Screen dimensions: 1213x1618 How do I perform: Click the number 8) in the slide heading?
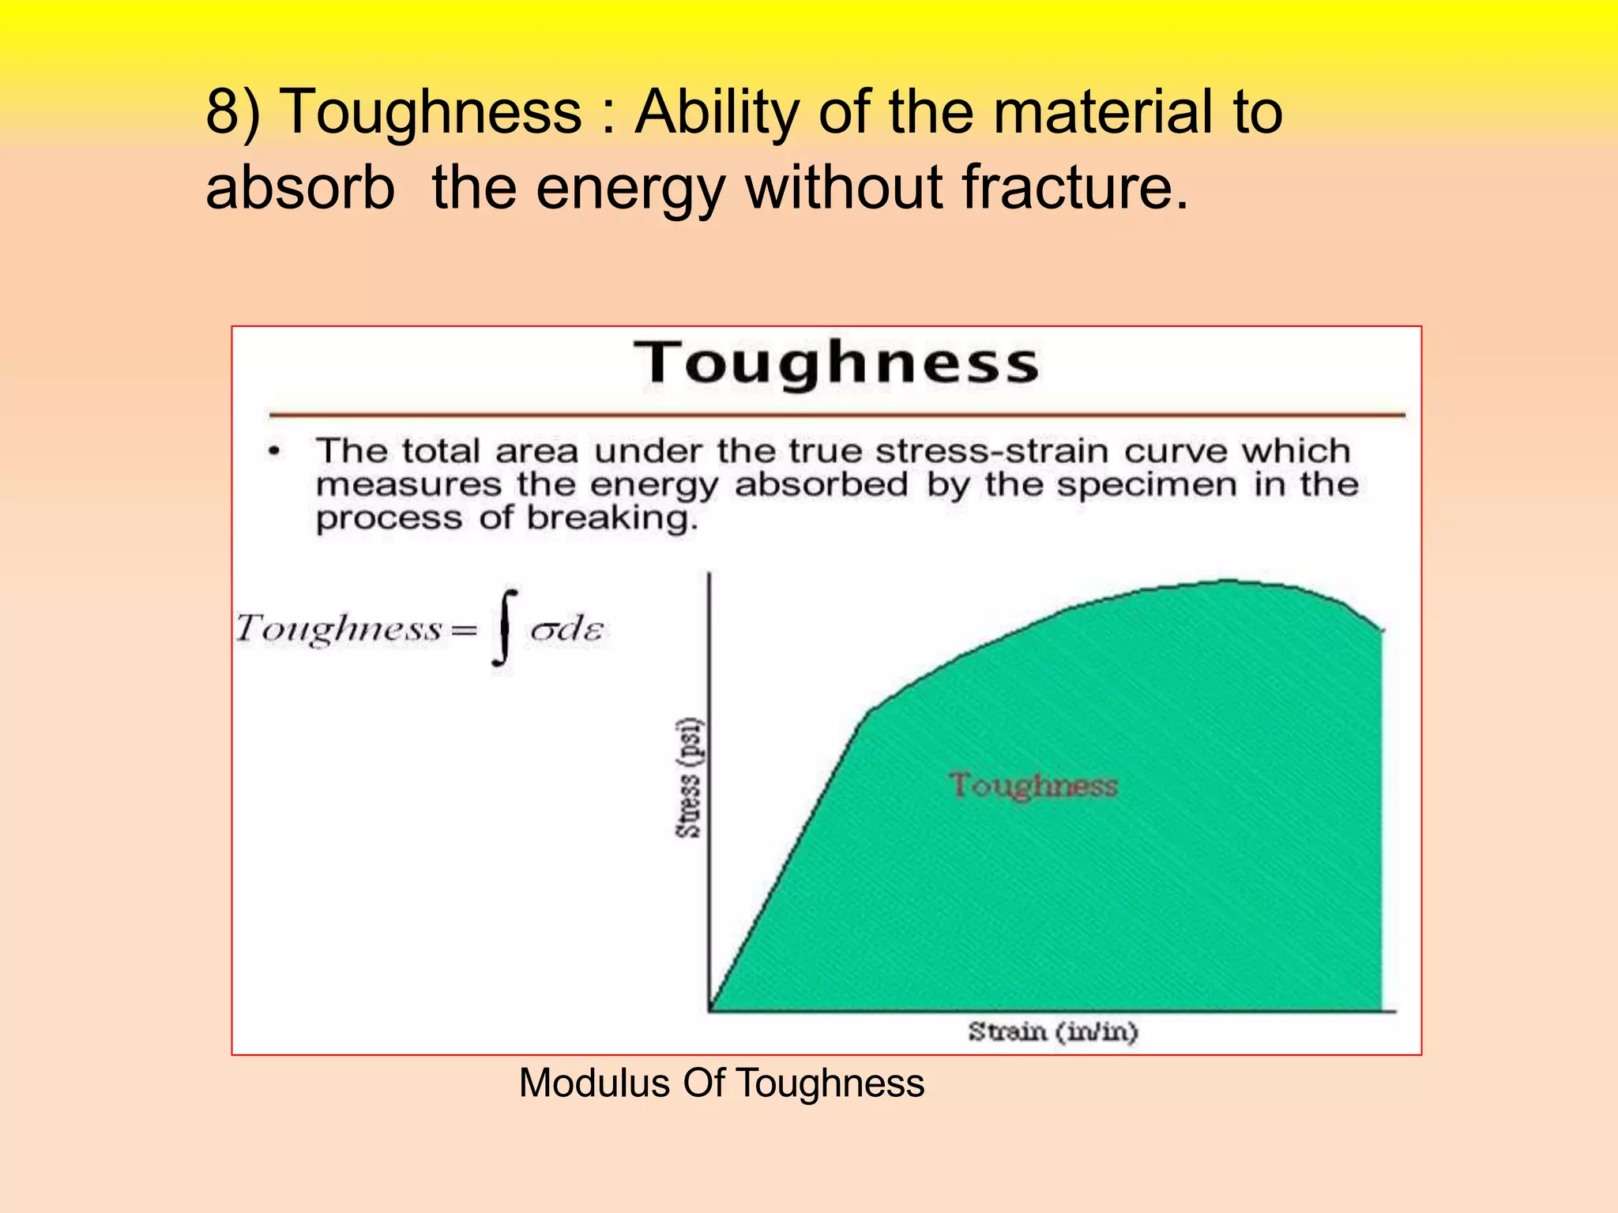232,112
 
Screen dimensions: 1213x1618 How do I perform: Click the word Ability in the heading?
717,112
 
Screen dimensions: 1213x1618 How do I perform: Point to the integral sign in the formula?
505,629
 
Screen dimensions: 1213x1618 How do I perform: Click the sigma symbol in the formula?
544,630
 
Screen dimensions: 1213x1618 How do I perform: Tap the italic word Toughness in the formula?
338,629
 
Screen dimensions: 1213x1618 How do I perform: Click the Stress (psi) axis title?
689,778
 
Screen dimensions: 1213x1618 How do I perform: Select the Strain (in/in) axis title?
1053,1031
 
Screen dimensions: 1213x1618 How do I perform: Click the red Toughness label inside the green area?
1033,786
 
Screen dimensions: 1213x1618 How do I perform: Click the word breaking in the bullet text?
612,519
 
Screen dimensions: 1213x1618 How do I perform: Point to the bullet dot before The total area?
274,452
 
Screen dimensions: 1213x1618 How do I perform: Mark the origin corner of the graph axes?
709,1011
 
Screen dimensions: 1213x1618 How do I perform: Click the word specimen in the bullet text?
1147,485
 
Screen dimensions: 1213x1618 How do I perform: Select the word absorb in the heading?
300,188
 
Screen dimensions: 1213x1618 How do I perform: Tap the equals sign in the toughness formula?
464,630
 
